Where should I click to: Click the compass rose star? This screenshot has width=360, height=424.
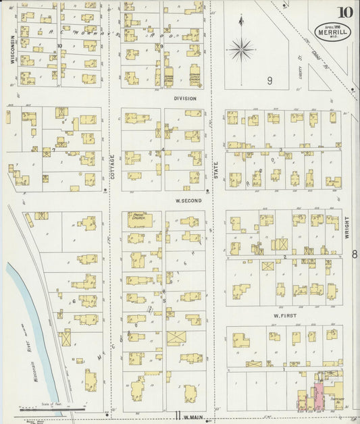point(240,49)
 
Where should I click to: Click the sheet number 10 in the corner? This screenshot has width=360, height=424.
point(345,11)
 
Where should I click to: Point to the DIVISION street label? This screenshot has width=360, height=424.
point(184,99)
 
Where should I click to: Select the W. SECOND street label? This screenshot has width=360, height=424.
point(184,200)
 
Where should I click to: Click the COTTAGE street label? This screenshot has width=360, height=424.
point(112,167)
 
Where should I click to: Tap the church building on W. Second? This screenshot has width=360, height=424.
point(140,219)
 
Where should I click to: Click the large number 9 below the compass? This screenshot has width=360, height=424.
point(269,81)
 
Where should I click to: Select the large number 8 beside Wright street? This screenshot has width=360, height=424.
point(354,254)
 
